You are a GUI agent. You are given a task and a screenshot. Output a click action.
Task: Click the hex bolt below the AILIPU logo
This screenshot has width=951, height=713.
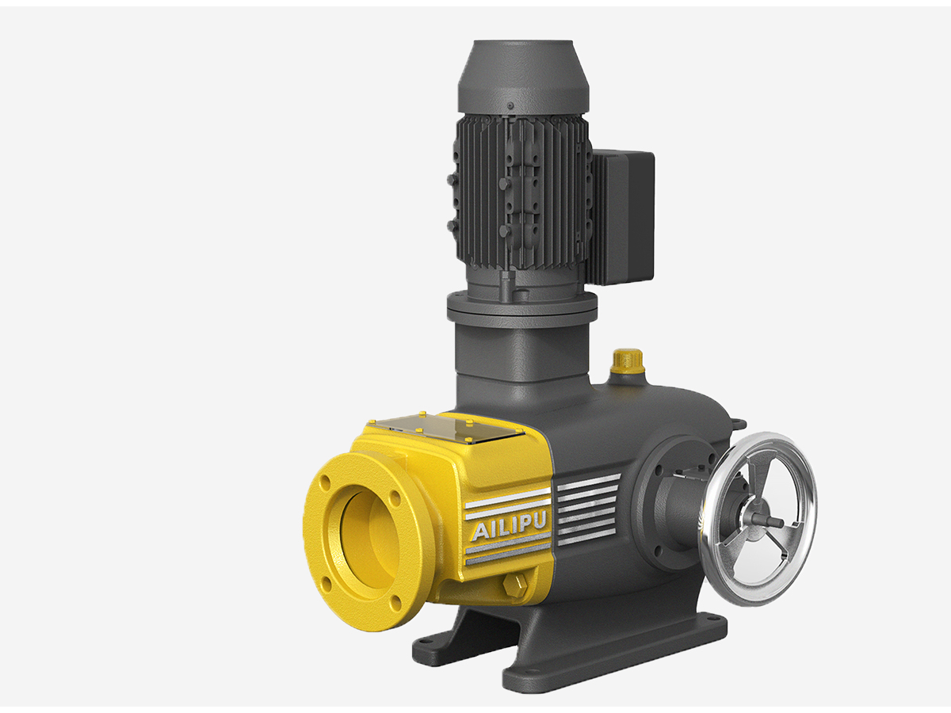pyautogui.click(x=513, y=585)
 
